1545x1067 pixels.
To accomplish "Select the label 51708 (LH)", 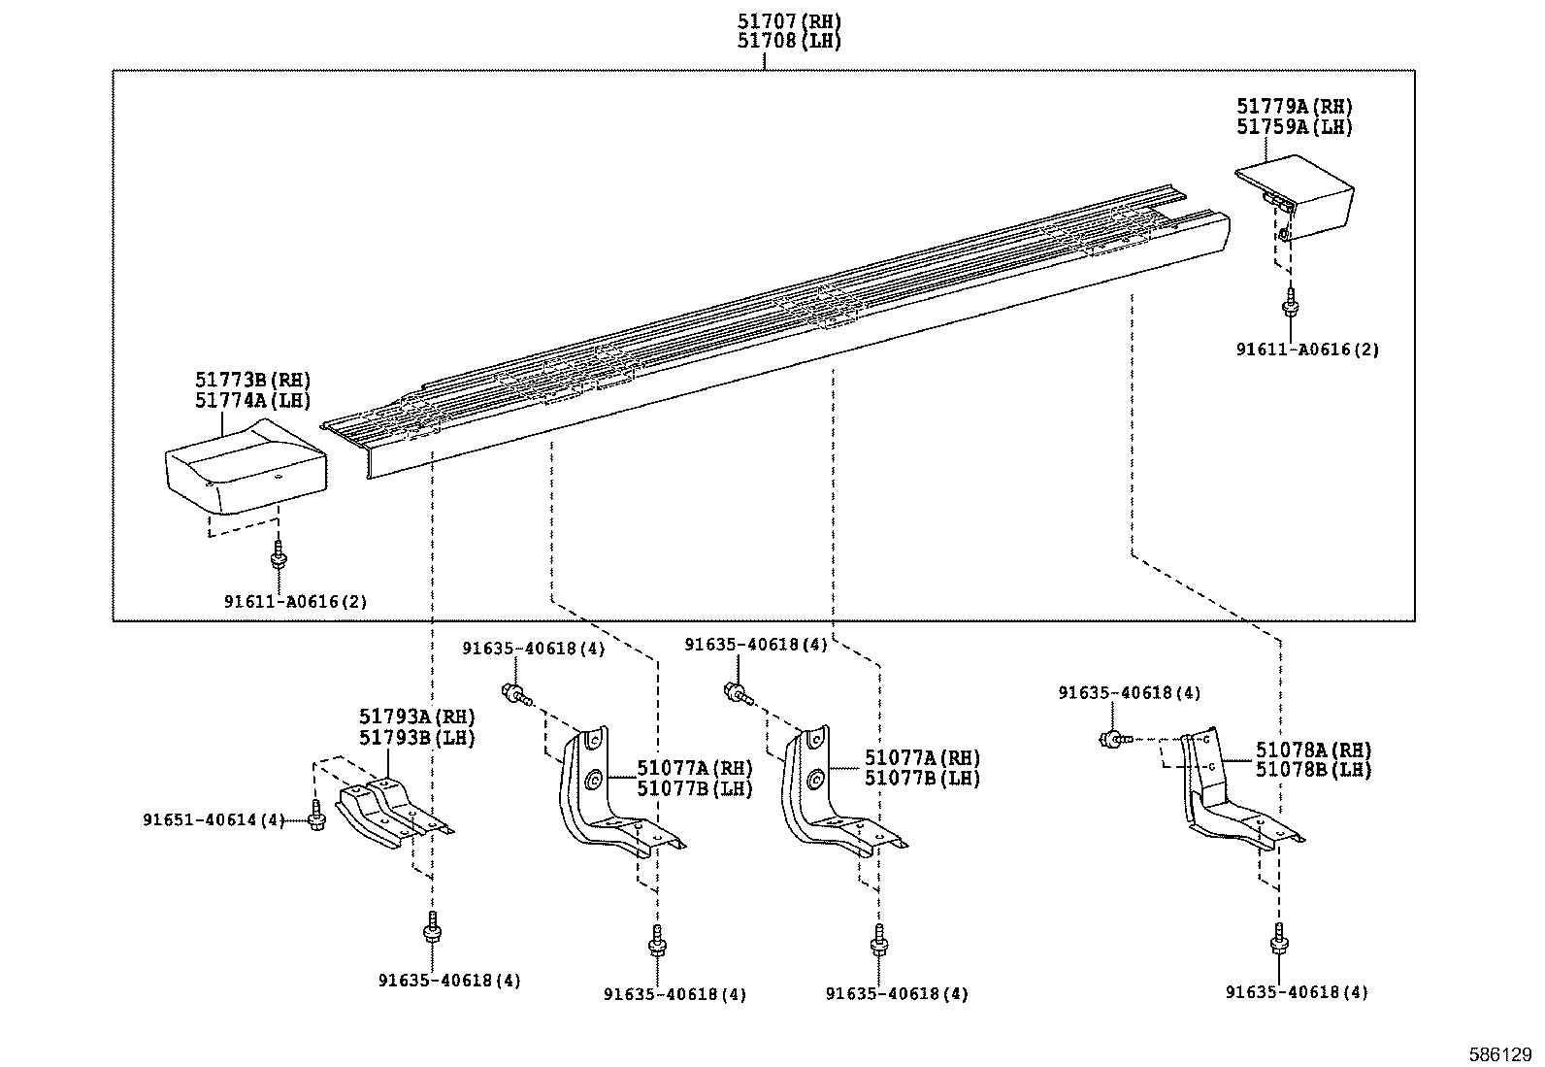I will pos(787,42).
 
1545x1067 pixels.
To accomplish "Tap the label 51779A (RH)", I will pos(1294,107).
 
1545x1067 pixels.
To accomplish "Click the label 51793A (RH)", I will pos(417,717).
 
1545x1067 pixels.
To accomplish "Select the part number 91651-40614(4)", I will pos(214,820).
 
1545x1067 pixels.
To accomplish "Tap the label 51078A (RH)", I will pos(1313,750).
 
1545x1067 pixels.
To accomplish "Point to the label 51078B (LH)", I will pos(1313,770).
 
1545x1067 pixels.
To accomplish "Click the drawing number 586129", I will pos(1500,1053).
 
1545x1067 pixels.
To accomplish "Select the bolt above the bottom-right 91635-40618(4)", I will pos(1277,939).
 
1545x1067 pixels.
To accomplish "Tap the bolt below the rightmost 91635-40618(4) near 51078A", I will pos(1111,740).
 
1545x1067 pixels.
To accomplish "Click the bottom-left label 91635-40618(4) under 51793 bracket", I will pos(449,981).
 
